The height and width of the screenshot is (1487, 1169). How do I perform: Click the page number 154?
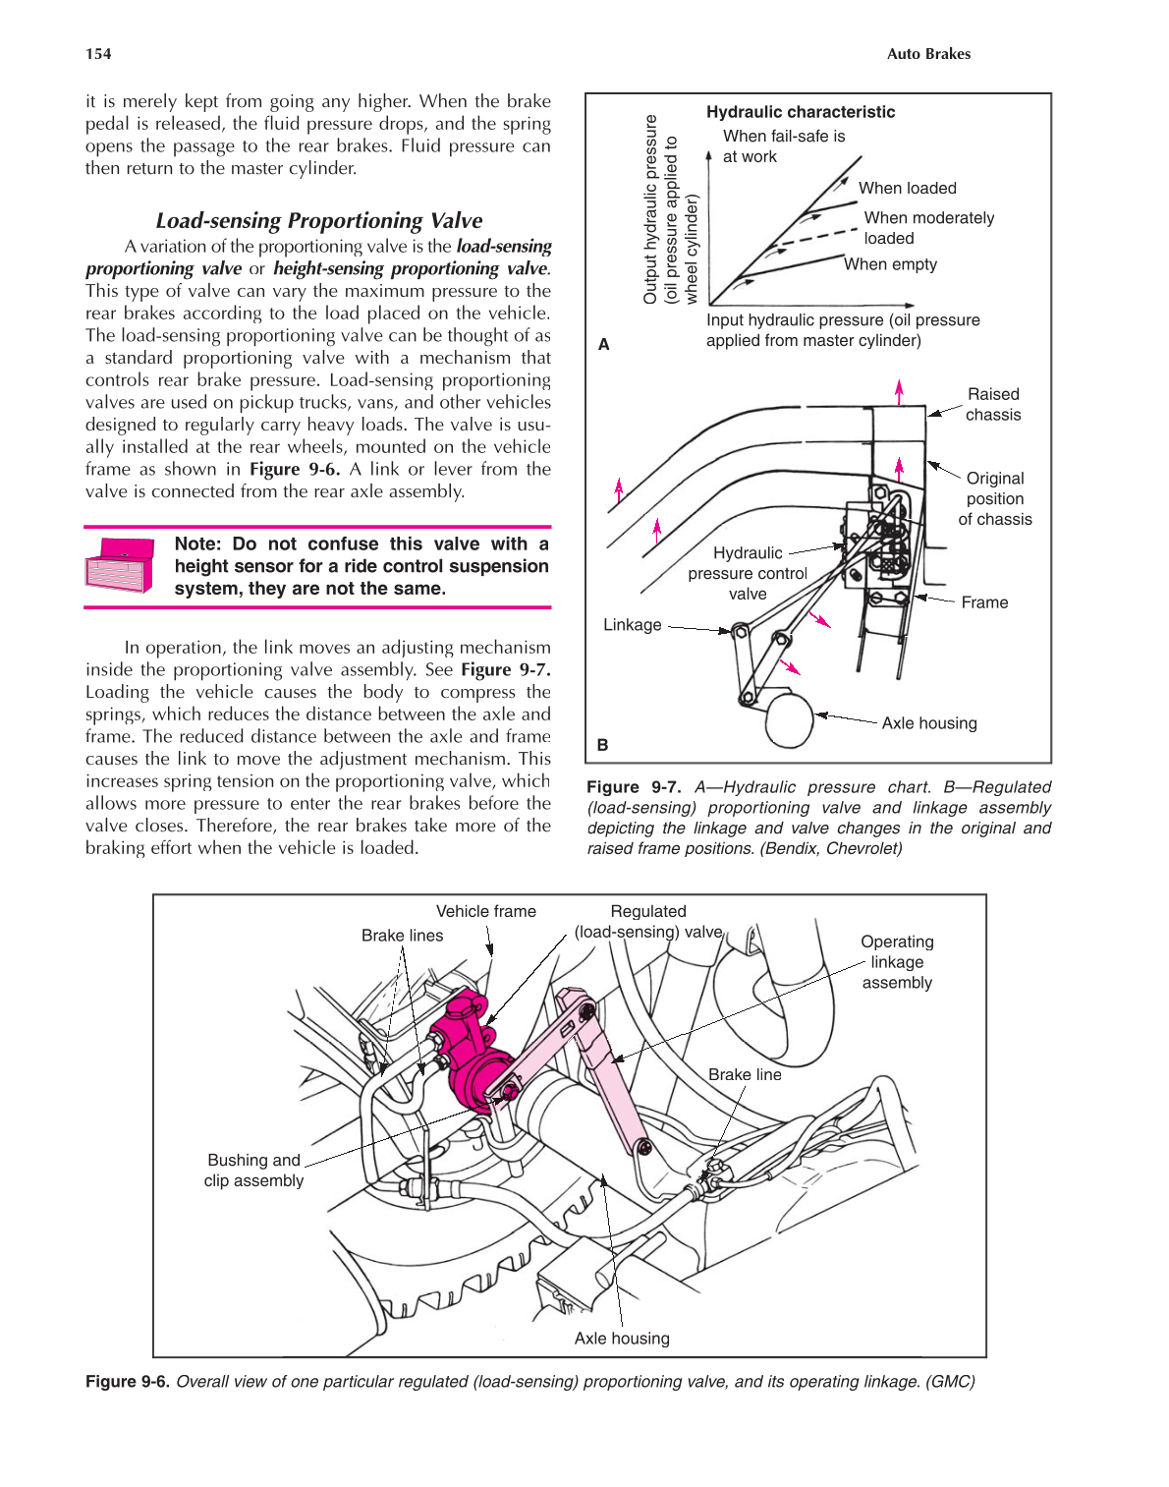(x=98, y=54)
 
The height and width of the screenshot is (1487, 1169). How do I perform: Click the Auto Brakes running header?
(x=927, y=54)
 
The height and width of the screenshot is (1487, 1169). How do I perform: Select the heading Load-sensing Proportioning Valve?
(x=318, y=220)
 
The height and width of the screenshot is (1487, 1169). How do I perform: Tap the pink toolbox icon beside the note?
(x=120, y=564)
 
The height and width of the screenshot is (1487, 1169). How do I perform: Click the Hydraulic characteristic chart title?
(x=800, y=112)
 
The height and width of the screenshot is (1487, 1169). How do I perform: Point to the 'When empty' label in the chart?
(x=890, y=264)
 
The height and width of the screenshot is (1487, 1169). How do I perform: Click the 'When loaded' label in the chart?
(x=907, y=188)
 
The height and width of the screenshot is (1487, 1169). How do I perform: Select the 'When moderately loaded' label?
(x=927, y=228)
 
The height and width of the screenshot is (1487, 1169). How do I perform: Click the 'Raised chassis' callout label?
(x=992, y=404)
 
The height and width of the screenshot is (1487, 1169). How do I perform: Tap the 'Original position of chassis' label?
(x=994, y=498)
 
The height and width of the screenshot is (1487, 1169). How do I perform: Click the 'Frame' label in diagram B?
(x=983, y=602)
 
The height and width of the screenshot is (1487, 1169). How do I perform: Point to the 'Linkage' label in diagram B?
(x=632, y=625)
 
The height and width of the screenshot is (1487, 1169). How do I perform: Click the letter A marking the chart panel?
(x=603, y=344)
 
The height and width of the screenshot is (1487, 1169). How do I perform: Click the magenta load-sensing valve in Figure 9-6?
(x=473, y=1057)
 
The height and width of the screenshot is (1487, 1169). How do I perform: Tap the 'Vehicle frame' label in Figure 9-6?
(x=485, y=911)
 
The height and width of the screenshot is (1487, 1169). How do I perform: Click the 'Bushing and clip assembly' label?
(x=253, y=1171)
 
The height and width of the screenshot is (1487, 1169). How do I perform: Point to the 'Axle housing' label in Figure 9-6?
(x=621, y=1338)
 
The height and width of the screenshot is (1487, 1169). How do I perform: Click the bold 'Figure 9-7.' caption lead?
(x=633, y=787)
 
